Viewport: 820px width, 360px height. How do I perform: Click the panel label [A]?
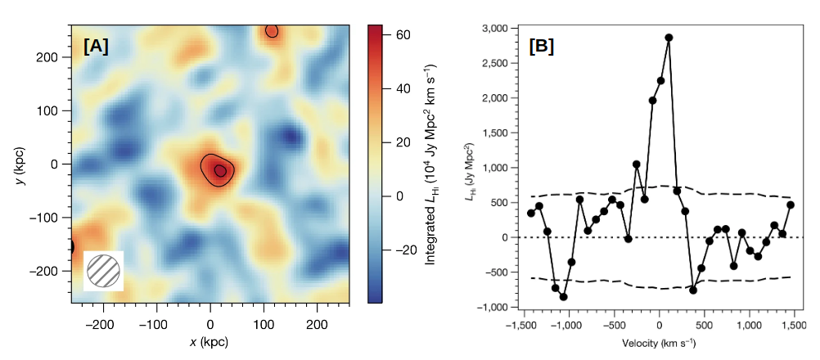click(x=96, y=47)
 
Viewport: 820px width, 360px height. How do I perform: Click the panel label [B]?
click(x=541, y=47)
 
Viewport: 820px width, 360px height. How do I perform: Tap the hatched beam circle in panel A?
click(x=103, y=271)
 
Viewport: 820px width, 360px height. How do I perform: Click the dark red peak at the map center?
click(x=220, y=170)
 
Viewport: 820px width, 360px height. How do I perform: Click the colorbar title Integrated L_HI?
click(x=431, y=163)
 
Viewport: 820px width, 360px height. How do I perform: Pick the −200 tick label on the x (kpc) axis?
click(x=103, y=323)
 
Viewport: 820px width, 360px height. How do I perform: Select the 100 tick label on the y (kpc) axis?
click(x=57, y=110)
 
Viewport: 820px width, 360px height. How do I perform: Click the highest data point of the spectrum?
click(x=669, y=38)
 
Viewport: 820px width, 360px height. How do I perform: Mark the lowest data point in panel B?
click(x=563, y=296)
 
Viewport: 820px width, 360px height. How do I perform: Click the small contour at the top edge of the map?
click(x=272, y=31)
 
